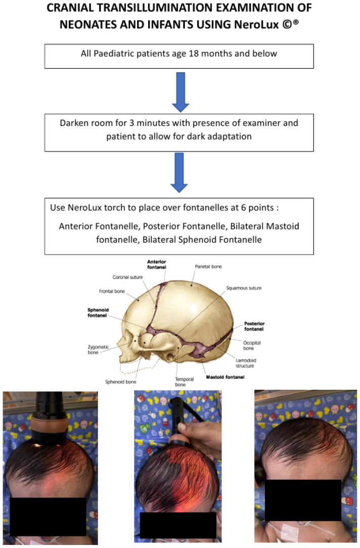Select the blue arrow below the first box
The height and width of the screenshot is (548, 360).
pos(180,92)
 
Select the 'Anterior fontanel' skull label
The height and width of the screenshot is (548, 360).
pos(156,264)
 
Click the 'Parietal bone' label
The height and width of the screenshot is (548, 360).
pos(208,266)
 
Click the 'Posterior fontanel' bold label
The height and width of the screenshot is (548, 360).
pos(254,326)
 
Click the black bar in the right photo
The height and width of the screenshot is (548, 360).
pos(302,499)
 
